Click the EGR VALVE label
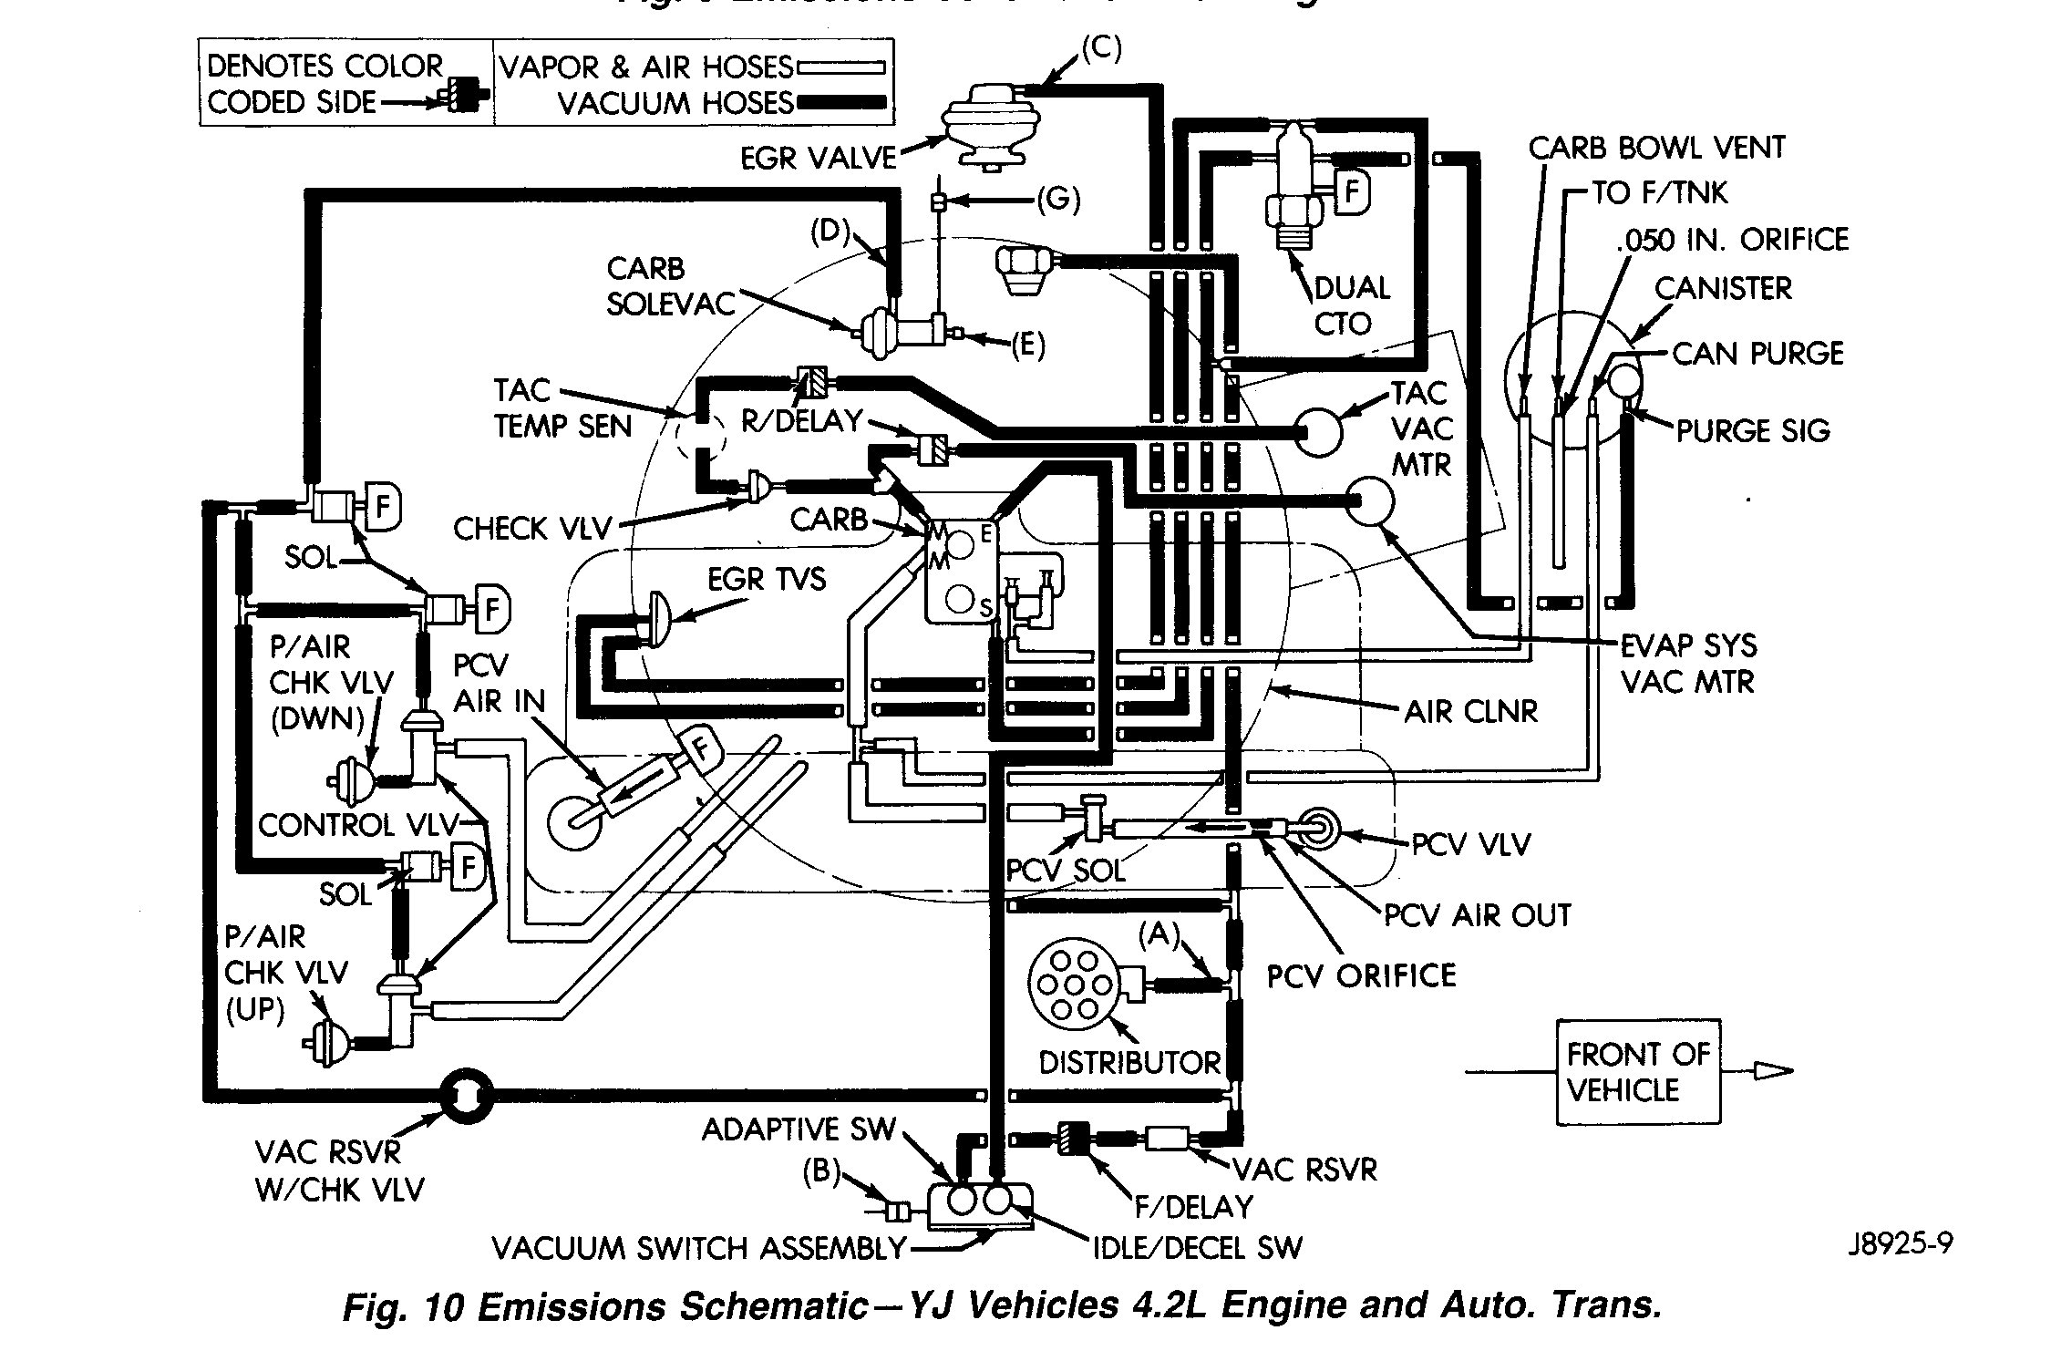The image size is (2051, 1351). (x=818, y=158)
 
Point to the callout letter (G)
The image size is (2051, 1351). (x=1058, y=200)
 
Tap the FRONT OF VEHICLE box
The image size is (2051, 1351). (x=1637, y=1072)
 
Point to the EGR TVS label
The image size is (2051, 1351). (x=767, y=579)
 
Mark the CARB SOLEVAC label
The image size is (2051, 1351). (x=671, y=286)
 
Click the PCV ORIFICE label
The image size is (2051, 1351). (x=1361, y=976)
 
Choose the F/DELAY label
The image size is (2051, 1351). (x=1194, y=1207)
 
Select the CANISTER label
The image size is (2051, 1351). (x=1723, y=289)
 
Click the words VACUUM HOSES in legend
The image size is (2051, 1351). (x=675, y=104)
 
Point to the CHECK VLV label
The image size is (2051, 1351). (x=532, y=529)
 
